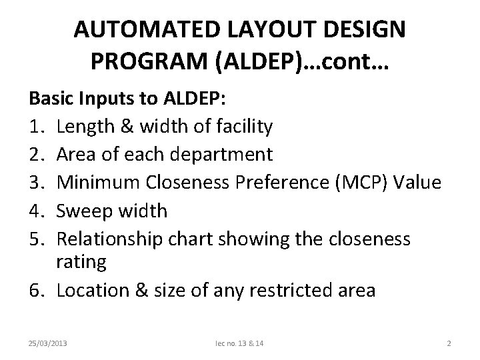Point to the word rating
tap(81, 263)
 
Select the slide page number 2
tap(449, 343)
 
